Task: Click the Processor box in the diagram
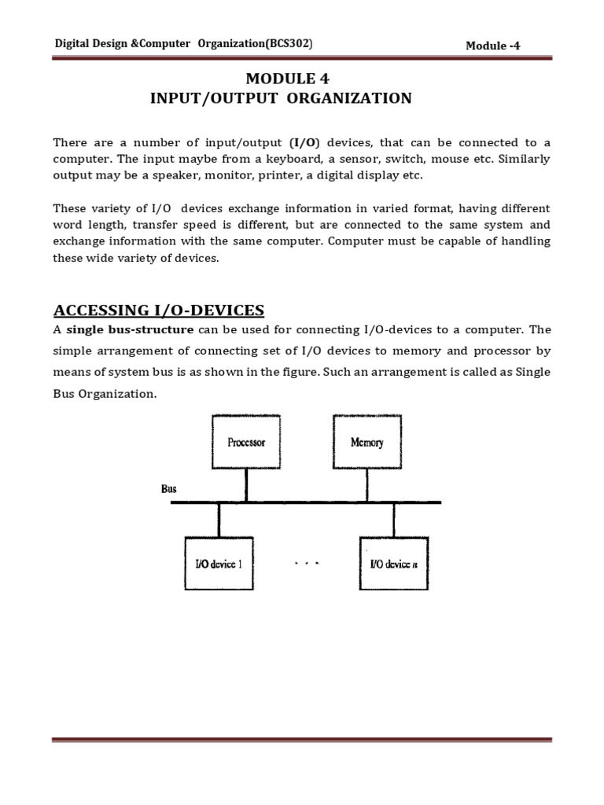pyautogui.click(x=246, y=443)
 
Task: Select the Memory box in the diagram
pyautogui.click(x=366, y=443)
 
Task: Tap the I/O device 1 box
pyautogui.click(x=219, y=564)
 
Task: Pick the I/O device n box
pyautogui.click(x=394, y=564)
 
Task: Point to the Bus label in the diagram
pyautogui.click(x=169, y=488)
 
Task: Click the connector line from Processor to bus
pyautogui.click(x=246, y=485)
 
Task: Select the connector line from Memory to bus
pyautogui.click(x=367, y=485)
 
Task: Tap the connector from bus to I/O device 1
pyautogui.click(x=219, y=520)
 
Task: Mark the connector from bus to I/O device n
pyautogui.click(x=394, y=520)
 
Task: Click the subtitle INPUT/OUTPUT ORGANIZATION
pyautogui.click(x=281, y=98)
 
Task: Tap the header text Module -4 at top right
pyautogui.click(x=493, y=46)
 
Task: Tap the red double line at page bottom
pyautogui.click(x=302, y=740)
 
